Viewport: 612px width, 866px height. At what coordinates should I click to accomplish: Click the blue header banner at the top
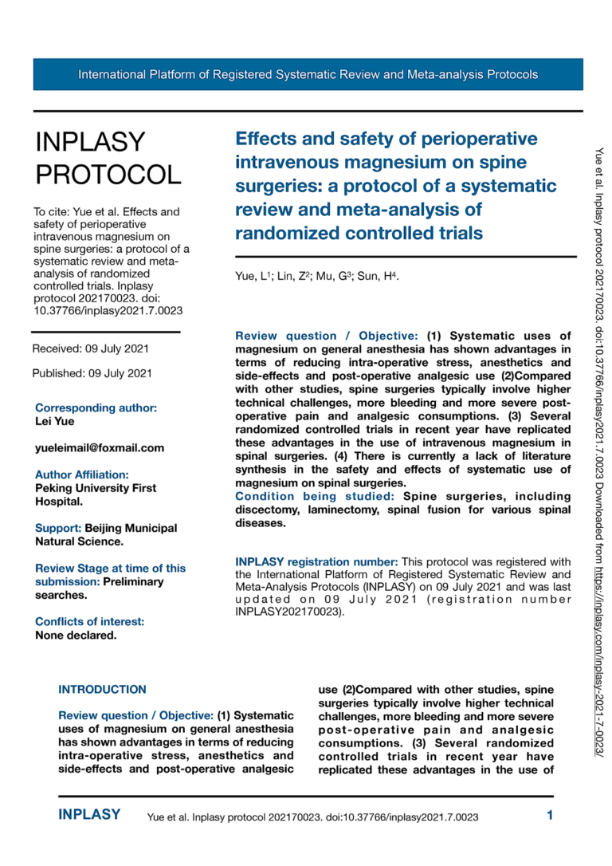pos(308,74)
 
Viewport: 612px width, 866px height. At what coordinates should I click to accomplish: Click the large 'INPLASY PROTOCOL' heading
pos(108,157)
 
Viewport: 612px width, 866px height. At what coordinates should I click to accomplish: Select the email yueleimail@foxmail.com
pos(100,448)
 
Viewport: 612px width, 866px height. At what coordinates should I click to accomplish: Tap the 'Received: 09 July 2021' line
pos(90,348)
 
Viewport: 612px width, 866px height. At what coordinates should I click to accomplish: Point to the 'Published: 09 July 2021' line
pos(92,373)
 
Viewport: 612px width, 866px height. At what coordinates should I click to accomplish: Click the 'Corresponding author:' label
pos(96,407)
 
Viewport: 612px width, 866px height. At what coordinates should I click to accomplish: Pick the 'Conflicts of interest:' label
pos(90,622)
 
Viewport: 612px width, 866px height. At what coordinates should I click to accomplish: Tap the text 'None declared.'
pos(76,636)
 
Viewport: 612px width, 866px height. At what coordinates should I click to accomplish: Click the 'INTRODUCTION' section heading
pos(103,689)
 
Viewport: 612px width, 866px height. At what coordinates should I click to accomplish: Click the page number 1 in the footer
pos(550,815)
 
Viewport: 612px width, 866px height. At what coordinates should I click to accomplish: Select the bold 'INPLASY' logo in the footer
pos(89,815)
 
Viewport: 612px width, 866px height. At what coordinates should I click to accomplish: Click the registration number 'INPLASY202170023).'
pos(289,612)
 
